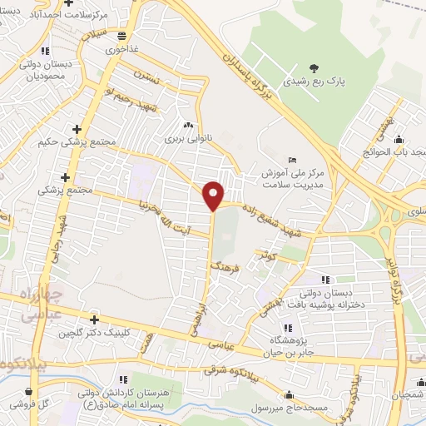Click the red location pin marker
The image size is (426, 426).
coord(214,196)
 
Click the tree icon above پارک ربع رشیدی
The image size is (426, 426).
coord(313,68)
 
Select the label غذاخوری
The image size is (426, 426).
coord(123,49)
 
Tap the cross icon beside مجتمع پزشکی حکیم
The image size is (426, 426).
coord(77,129)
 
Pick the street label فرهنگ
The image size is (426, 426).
coord(227,269)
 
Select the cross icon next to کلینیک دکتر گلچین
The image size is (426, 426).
coord(96,319)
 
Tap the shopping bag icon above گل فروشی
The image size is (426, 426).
coord(30,391)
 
